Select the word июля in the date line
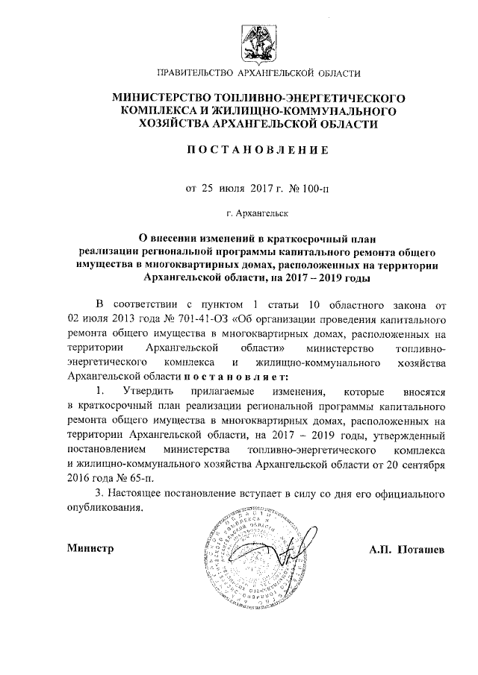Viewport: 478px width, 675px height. (x=233, y=188)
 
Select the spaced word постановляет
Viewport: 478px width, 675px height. (x=240, y=376)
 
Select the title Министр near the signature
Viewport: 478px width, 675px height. (x=90, y=549)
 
